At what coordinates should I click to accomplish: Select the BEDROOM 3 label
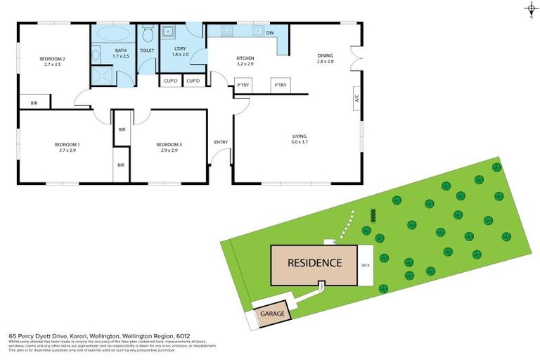(x=169, y=145)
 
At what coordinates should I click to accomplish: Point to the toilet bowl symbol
(x=148, y=34)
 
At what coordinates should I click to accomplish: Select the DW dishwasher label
(x=269, y=32)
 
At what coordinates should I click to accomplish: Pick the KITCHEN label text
(x=245, y=58)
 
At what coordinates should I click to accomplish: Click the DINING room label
(x=325, y=55)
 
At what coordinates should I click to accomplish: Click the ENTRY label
(x=221, y=142)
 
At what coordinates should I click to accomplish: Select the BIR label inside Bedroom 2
(x=34, y=103)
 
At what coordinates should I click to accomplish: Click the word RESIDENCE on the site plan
(x=314, y=264)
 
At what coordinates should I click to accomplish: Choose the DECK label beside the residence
(x=365, y=265)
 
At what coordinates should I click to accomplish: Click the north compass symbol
(x=531, y=9)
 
